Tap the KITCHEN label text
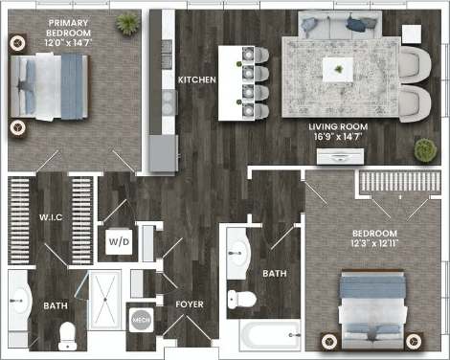click(x=196, y=79)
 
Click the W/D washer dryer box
click(x=119, y=241)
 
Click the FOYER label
click(x=188, y=304)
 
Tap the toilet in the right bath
click(x=245, y=298)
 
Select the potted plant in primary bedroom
click(x=126, y=24)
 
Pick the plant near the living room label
click(x=425, y=149)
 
